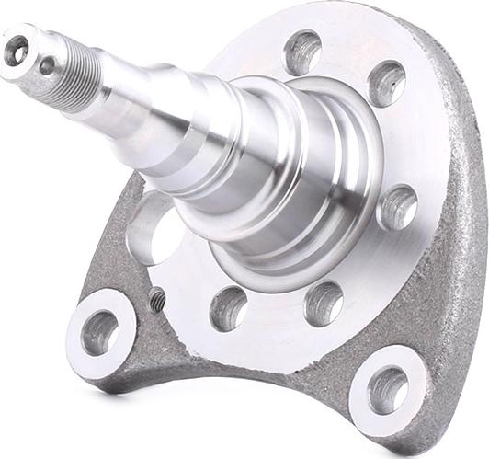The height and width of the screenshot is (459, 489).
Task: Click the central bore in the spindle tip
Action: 17,52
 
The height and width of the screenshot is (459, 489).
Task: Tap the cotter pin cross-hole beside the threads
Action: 47,65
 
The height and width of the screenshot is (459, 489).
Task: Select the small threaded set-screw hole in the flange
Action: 157,299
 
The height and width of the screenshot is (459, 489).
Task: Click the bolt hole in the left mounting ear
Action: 100,333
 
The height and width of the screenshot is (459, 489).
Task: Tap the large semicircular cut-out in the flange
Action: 154,228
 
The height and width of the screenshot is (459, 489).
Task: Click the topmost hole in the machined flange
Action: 301,52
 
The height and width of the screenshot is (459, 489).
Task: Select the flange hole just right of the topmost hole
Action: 387,84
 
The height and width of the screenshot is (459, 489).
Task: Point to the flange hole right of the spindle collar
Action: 397,207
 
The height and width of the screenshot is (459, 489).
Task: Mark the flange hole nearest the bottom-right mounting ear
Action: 323,303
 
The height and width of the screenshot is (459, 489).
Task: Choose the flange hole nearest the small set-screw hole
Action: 228,308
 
